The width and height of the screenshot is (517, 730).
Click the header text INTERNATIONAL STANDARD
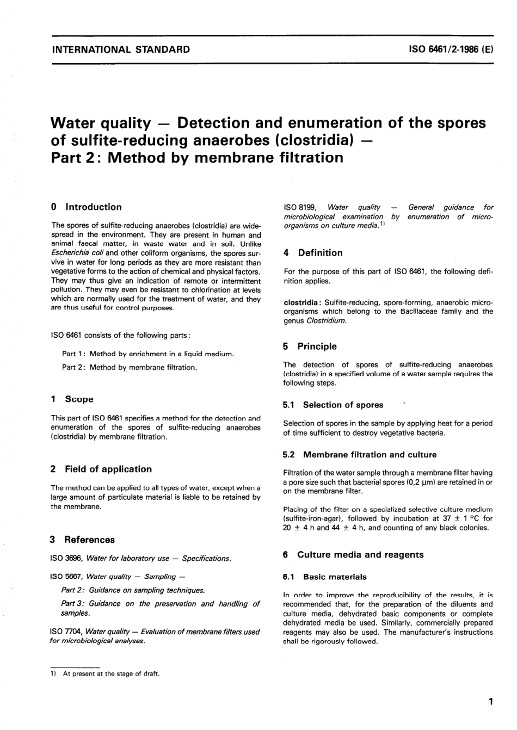pyautogui.click(x=120, y=50)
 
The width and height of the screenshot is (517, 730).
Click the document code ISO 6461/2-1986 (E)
pyautogui.click(x=451, y=50)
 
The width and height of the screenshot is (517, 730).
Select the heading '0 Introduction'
pyautogui.click(x=86, y=207)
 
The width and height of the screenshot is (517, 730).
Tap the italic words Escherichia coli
pyautogui.click(x=77, y=253)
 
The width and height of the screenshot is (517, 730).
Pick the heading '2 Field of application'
pyautogui.click(x=101, y=469)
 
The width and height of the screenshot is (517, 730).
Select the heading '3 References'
pyautogui.click(x=82, y=540)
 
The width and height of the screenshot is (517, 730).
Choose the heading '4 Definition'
pyautogui.click(x=313, y=252)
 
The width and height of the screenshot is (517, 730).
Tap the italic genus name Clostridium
pyautogui.click(x=326, y=320)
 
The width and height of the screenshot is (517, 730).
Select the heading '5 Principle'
pyautogui.click(x=310, y=346)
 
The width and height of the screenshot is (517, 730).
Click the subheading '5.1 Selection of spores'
pyautogui.click(x=333, y=405)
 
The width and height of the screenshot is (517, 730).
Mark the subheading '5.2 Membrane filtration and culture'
pyautogui.click(x=360, y=454)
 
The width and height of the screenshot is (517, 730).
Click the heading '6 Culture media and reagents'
pyautogui.click(x=353, y=555)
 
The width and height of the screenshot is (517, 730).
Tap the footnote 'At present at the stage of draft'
pyautogui.click(x=111, y=673)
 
